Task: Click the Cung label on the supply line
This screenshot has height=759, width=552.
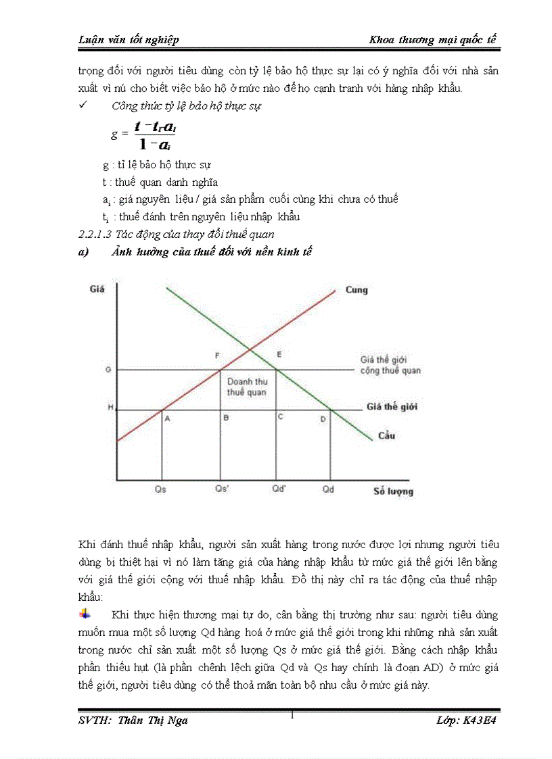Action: point(356,290)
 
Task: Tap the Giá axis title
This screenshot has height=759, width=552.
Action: point(96,289)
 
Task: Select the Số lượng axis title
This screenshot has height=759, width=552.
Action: point(393,491)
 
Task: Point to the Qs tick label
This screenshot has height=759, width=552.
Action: point(161,489)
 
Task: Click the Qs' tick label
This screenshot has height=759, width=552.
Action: point(221,489)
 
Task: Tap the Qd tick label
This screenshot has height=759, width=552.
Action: point(328,489)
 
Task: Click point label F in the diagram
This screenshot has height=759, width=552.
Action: point(217,355)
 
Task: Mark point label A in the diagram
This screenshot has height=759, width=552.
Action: point(166,418)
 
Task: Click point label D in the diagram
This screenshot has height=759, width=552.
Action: point(323,419)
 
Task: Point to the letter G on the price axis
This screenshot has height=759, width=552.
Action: point(108,370)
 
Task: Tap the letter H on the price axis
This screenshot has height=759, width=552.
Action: point(110,408)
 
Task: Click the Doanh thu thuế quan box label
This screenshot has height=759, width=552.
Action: point(246,387)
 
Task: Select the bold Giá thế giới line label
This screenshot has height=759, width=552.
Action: point(392,407)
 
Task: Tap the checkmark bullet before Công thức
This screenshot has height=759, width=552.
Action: point(83,106)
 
